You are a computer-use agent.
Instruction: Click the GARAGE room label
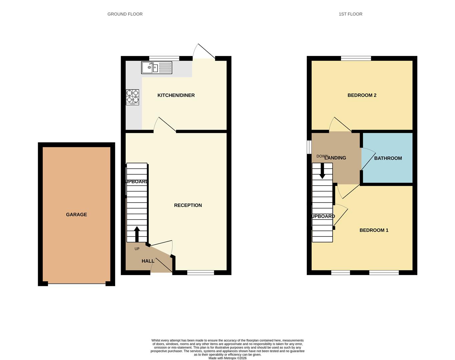[x=76, y=215]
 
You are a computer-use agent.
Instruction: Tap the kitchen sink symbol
[x=156, y=68]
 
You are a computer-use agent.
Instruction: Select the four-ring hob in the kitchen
[x=132, y=97]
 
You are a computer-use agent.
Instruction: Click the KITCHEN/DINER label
[x=176, y=95]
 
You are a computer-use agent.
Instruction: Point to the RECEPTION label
[x=188, y=205]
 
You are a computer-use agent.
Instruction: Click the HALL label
[x=148, y=261]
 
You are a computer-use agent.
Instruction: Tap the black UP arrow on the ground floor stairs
[x=136, y=234]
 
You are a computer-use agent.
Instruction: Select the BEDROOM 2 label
[x=362, y=95]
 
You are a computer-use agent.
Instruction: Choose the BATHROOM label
[x=388, y=158]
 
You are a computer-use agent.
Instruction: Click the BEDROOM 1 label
[x=374, y=230]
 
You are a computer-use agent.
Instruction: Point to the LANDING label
[x=335, y=158]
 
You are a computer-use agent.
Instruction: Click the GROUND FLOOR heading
[x=125, y=14]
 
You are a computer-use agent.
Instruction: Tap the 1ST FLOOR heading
[x=350, y=14]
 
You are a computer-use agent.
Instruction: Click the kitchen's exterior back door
[x=204, y=52]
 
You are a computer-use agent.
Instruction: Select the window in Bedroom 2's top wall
[x=356, y=58]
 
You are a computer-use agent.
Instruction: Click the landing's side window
[x=309, y=147]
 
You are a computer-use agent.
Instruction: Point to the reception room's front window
[x=200, y=273]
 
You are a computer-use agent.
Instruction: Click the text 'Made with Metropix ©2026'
[x=227, y=358]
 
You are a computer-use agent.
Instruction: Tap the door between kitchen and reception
[x=165, y=125]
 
